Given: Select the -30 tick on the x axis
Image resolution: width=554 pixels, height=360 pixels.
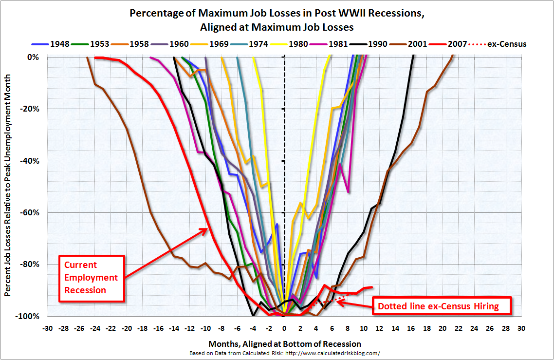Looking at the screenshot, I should tap(47, 328).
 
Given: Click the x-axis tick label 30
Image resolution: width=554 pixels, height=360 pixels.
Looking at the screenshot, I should tap(521, 328).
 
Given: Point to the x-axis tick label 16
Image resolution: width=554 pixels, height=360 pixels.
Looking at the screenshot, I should tap(410, 328).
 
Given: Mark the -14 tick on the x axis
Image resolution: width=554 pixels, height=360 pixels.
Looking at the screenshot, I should tap(173, 328).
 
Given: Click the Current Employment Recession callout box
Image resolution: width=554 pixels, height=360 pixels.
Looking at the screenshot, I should tap(92, 278).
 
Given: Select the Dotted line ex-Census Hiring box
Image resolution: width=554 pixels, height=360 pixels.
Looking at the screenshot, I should tap(443, 306).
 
